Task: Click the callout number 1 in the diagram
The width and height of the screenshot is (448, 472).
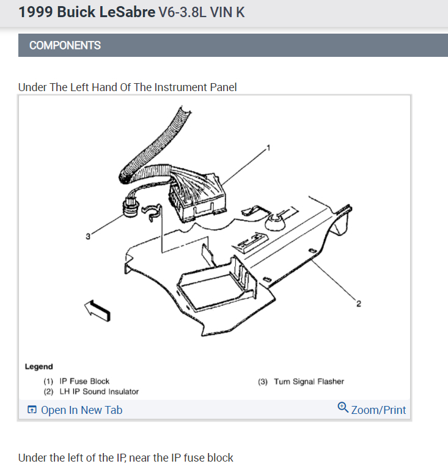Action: point(268,147)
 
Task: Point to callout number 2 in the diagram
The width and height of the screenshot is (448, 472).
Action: point(358,304)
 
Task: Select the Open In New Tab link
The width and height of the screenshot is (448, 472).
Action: point(81,410)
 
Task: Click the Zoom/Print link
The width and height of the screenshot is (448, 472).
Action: point(378,410)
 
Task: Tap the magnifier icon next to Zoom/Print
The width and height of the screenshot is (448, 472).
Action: point(343,407)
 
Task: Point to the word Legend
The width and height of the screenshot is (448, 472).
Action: point(39,367)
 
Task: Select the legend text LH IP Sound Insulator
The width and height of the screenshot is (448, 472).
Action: point(99,391)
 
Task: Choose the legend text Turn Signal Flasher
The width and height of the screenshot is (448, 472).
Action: point(309,382)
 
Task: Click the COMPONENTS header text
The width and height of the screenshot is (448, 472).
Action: point(65,45)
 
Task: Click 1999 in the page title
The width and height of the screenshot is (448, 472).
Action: point(35,12)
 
